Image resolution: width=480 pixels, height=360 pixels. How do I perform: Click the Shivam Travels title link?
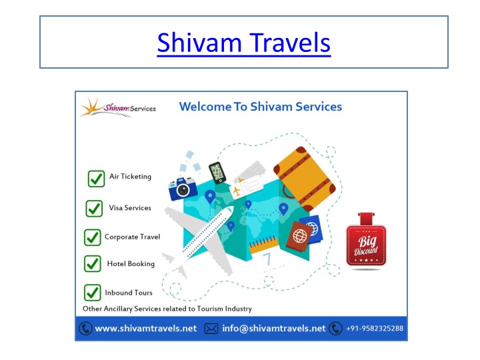point(244,43)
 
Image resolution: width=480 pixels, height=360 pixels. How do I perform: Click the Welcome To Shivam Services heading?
point(261,107)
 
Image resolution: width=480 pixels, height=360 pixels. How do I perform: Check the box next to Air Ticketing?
point(96,179)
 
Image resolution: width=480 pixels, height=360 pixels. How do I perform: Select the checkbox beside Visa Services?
point(94,209)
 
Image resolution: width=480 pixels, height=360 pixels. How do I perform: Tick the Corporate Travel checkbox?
point(93,237)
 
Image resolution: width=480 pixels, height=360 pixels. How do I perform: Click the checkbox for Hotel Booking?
point(93,263)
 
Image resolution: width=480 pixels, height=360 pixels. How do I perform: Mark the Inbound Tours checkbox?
point(93,293)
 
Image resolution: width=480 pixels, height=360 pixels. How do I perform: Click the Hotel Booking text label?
point(131,263)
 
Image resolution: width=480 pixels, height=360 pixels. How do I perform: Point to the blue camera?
point(183,189)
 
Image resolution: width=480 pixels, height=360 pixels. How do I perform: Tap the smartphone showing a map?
point(217,173)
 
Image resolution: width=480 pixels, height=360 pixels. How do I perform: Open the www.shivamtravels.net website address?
point(146,329)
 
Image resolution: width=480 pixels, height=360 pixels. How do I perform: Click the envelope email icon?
point(211,329)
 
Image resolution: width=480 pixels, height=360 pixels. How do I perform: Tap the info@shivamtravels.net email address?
point(274,329)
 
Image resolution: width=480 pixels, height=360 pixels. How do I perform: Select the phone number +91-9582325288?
point(375,329)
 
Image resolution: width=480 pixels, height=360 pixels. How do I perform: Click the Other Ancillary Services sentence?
point(167,309)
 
